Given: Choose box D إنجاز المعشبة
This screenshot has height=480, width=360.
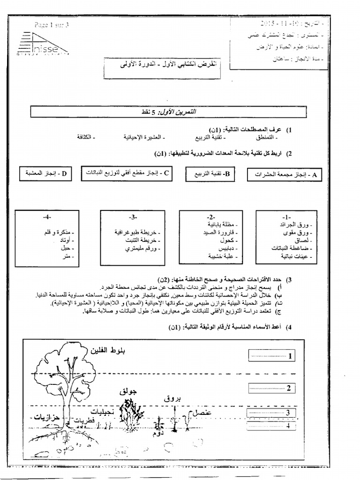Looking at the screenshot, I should point(46,173).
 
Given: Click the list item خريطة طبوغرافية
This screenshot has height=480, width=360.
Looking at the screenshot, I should point(137,232).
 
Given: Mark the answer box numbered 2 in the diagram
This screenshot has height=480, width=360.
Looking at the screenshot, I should point(270,388).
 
